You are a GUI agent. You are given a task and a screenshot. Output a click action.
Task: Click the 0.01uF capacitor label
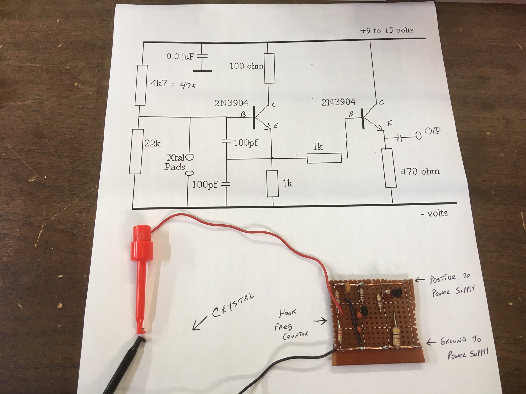[x=180, y=57]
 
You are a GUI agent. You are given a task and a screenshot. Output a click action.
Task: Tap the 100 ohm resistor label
[x=246, y=66]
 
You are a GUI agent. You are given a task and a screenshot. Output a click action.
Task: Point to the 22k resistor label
[x=153, y=143]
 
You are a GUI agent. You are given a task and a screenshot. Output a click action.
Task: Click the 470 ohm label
[x=420, y=171]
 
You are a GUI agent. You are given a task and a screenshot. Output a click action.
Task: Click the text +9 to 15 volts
[x=387, y=30]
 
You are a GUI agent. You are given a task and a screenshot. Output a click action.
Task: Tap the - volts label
[x=434, y=213]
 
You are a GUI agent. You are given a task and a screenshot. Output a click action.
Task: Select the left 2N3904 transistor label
[x=231, y=103]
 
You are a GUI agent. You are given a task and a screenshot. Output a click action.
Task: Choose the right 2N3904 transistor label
[x=338, y=102]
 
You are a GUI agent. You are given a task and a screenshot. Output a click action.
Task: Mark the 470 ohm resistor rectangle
[x=391, y=168]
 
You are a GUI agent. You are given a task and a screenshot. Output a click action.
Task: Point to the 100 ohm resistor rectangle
[x=270, y=68]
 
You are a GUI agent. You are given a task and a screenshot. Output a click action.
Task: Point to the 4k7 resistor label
[x=158, y=84]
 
